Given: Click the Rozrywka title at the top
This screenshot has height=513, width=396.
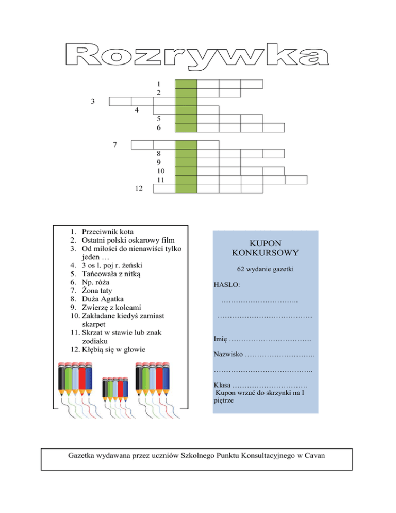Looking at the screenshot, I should (x=198, y=54).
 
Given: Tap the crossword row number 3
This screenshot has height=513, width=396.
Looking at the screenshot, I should (x=92, y=101).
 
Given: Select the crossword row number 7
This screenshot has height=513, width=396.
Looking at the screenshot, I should (x=115, y=145).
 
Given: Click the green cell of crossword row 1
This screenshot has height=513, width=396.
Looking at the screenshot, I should (x=186, y=84).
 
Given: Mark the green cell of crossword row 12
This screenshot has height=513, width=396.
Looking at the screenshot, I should (x=186, y=188).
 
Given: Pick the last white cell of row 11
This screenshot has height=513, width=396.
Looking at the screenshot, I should (x=296, y=180).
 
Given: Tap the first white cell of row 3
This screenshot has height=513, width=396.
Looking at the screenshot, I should (x=120, y=101).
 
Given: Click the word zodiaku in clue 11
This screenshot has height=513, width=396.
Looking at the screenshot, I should (x=94, y=341).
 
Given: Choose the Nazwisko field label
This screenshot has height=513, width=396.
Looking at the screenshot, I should (x=228, y=354).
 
